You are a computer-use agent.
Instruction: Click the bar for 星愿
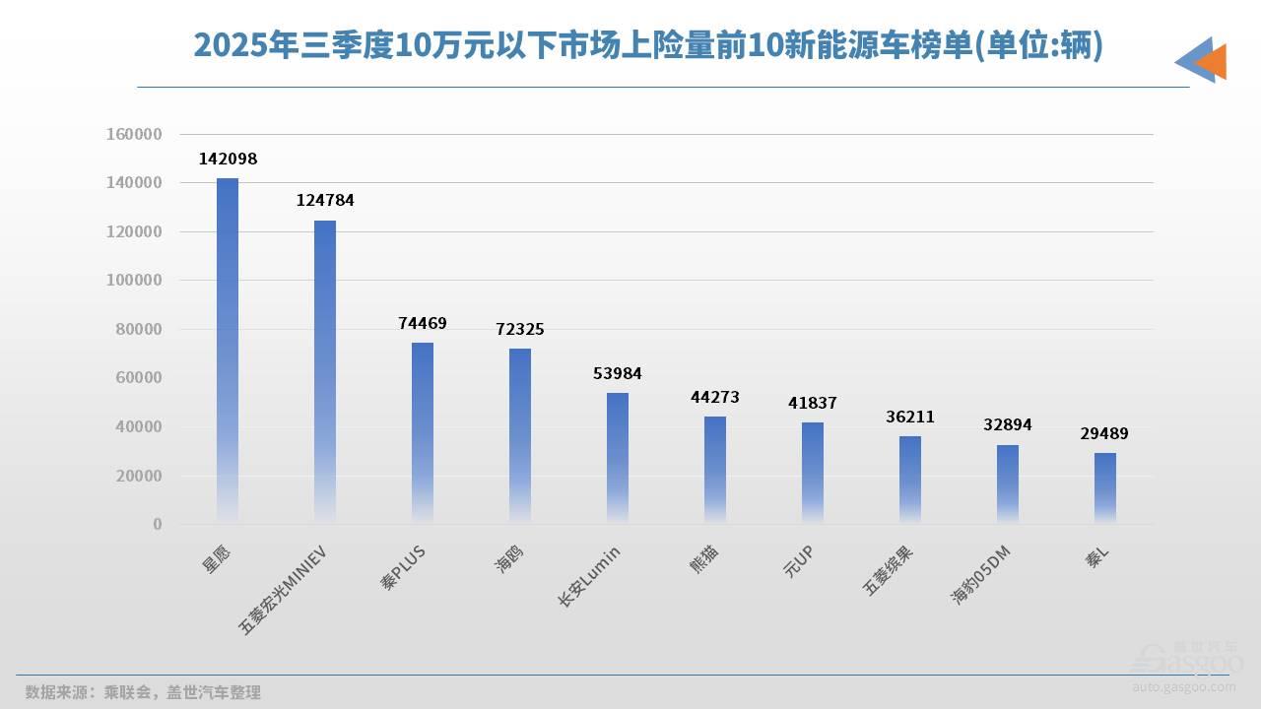pyautogui.click(x=228, y=350)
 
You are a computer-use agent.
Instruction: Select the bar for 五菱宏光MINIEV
pyautogui.click(x=325, y=370)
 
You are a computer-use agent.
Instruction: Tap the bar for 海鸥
pyautogui.click(x=520, y=434)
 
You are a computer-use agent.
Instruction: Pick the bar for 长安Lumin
pyautogui.click(x=618, y=457)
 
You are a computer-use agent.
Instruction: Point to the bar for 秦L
pyautogui.click(x=1105, y=487)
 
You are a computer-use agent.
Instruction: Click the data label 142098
pyautogui.click(x=228, y=159)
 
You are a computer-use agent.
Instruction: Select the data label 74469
pyautogui.click(x=423, y=323)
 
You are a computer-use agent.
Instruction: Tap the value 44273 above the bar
pyautogui.click(x=715, y=397)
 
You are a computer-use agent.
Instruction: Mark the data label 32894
pyautogui.click(x=1008, y=425)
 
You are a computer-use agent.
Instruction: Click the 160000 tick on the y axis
pyautogui.click(x=133, y=134)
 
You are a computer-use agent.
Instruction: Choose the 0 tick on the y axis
pyautogui.click(x=157, y=524)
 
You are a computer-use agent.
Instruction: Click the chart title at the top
pyautogui.click(x=647, y=46)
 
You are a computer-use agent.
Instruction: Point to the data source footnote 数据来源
pyautogui.click(x=143, y=692)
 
